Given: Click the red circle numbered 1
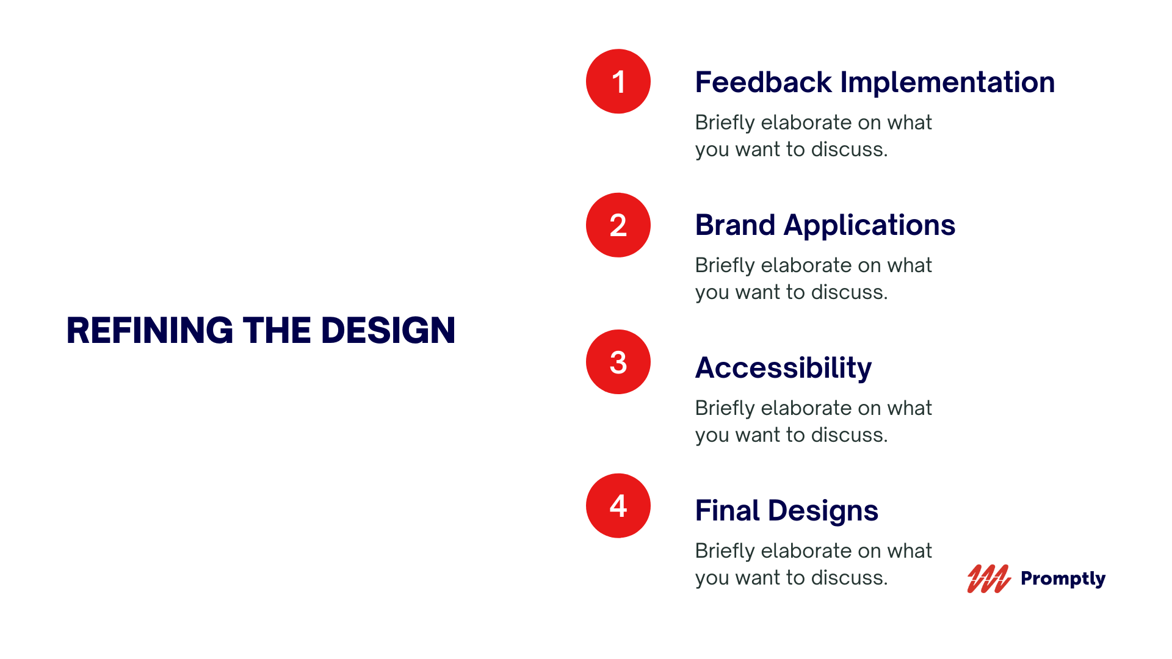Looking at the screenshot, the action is [618, 81].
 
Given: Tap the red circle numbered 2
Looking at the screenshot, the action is [618, 225].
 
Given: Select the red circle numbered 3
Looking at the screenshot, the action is [618, 362].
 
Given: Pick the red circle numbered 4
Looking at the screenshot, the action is [618, 506].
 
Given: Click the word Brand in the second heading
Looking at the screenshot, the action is [736, 225].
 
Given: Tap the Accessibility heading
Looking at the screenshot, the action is [784, 369].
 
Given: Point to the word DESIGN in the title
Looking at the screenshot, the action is [388, 331].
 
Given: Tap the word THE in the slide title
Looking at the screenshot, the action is [277, 331].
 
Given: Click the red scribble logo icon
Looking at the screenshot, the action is [989, 578].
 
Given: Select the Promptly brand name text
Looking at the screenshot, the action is [1063, 578].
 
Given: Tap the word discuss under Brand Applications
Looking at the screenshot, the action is [850, 292].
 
